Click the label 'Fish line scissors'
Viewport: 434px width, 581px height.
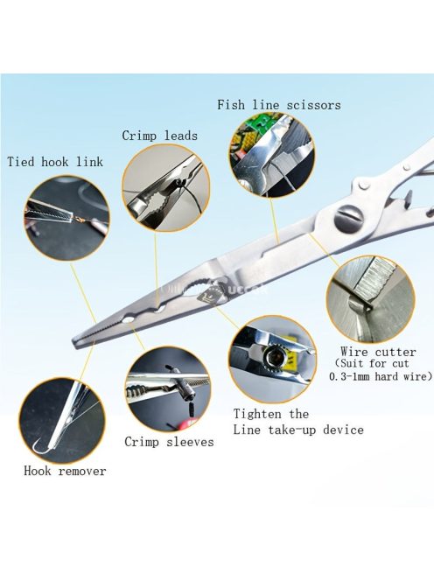pyautogui.click(x=279, y=105)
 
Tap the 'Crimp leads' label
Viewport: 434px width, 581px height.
pyautogui.click(x=160, y=136)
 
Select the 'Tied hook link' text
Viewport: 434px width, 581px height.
pyautogui.click(x=55, y=162)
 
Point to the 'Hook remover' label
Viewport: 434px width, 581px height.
pyautogui.click(x=65, y=471)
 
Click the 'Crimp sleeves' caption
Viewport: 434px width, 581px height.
pyautogui.click(x=169, y=442)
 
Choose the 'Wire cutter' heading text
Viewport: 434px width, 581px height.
pyautogui.click(x=378, y=352)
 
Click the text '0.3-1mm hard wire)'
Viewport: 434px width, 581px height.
pyautogui.click(x=381, y=376)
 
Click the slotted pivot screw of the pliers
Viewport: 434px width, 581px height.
pyautogui.click(x=349, y=219)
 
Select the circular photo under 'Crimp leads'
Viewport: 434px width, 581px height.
pyautogui.click(x=166, y=188)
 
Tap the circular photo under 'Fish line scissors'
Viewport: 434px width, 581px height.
pyautogui.click(x=271, y=155)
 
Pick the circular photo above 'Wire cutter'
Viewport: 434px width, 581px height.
pyautogui.click(x=370, y=299)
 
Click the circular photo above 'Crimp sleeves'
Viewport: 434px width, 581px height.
pyautogui.click(x=168, y=389)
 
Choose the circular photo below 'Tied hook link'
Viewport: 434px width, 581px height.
pyautogui.click(x=67, y=218)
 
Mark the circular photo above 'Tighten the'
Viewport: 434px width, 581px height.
pyautogui.click(x=272, y=359)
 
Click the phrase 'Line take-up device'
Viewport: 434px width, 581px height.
pyautogui.click(x=298, y=430)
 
